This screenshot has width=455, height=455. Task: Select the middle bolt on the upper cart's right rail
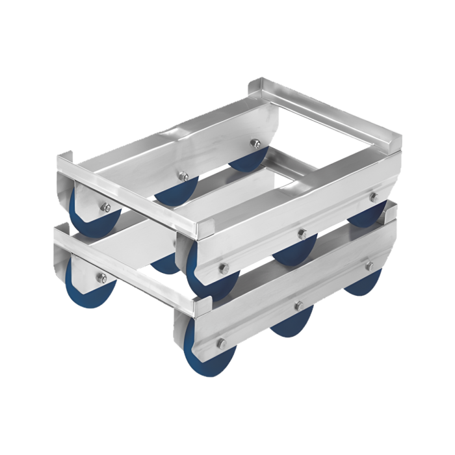click(302, 232)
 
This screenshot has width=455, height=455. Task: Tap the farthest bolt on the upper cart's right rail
click(373, 196)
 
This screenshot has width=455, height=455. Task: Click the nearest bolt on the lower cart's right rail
click(221, 343)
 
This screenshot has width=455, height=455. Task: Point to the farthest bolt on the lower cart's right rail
click(369, 266)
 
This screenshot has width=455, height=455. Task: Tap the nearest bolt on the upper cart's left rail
click(105, 208)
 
